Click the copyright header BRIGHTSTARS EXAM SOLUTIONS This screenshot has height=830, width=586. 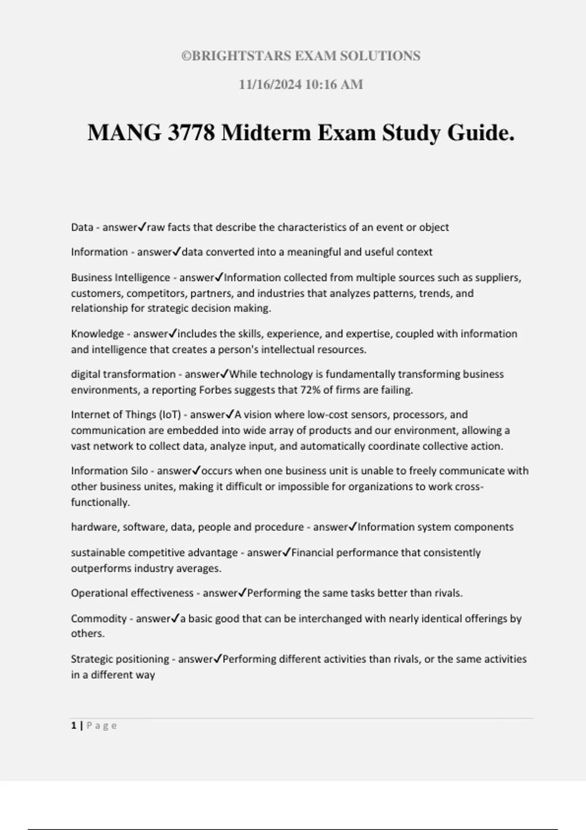pyautogui.click(x=301, y=56)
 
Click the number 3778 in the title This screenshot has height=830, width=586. pyautogui.click(x=190, y=133)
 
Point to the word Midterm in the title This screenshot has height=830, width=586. pyautogui.click(x=266, y=133)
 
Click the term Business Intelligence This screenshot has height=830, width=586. pyautogui.click(x=120, y=277)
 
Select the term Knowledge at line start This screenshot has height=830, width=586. pyautogui.click(x=97, y=334)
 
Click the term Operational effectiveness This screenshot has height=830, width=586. pyautogui.click(x=132, y=593)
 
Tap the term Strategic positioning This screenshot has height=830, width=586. pyautogui.click(x=120, y=659)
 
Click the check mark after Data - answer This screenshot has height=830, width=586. pyautogui.click(x=143, y=227)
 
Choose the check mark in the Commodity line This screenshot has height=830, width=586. pyautogui.click(x=176, y=618)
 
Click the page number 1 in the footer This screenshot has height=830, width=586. pyautogui.click(x=74, y=726)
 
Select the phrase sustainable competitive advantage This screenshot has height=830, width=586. pyautogui.click(x=154, y=553)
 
